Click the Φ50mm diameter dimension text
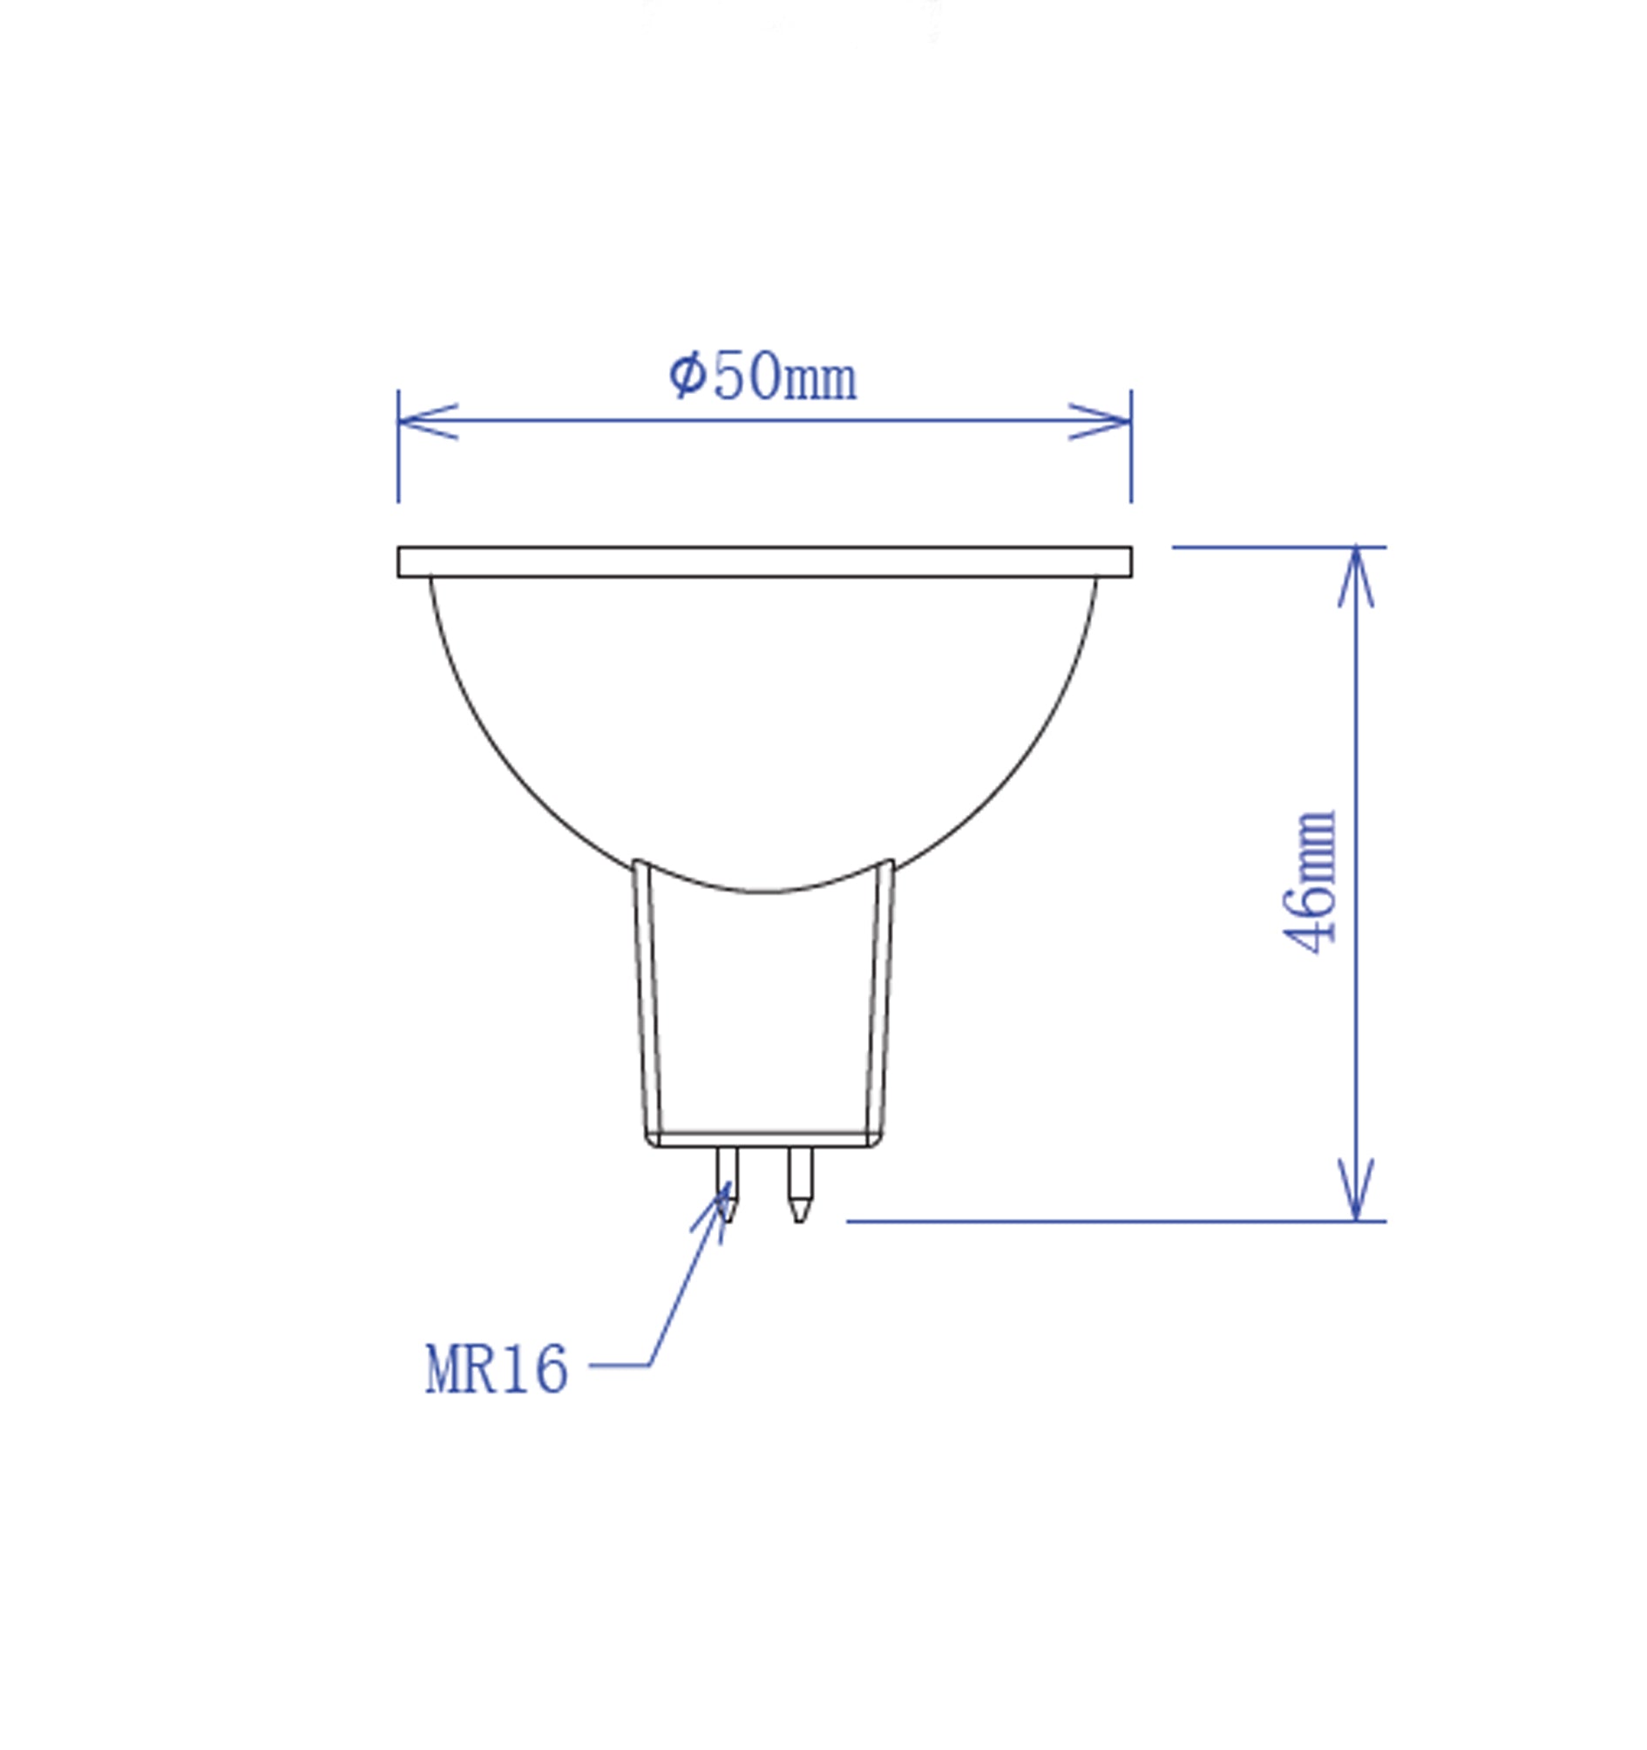pyautogui.click(x=762, y=376)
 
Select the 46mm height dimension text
pyautogui.click(x=1310, y=881)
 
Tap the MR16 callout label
pyautogui.click(x=496, y=1370)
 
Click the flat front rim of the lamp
pyautogui.click(x=764, y=561)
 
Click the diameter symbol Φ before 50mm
pyautogui.click(x=687, y=375)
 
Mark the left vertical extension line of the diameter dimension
pyautogui.click(x=399, y=466)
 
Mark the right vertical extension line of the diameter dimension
pyautogui.click(x=1131, y=466)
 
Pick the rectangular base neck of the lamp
pyautogui.click(x=764, y=1013)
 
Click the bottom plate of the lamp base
pyautogui.click(x=764, y=1140)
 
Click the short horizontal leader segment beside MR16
pyautogui.click(x=619, y=1365)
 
